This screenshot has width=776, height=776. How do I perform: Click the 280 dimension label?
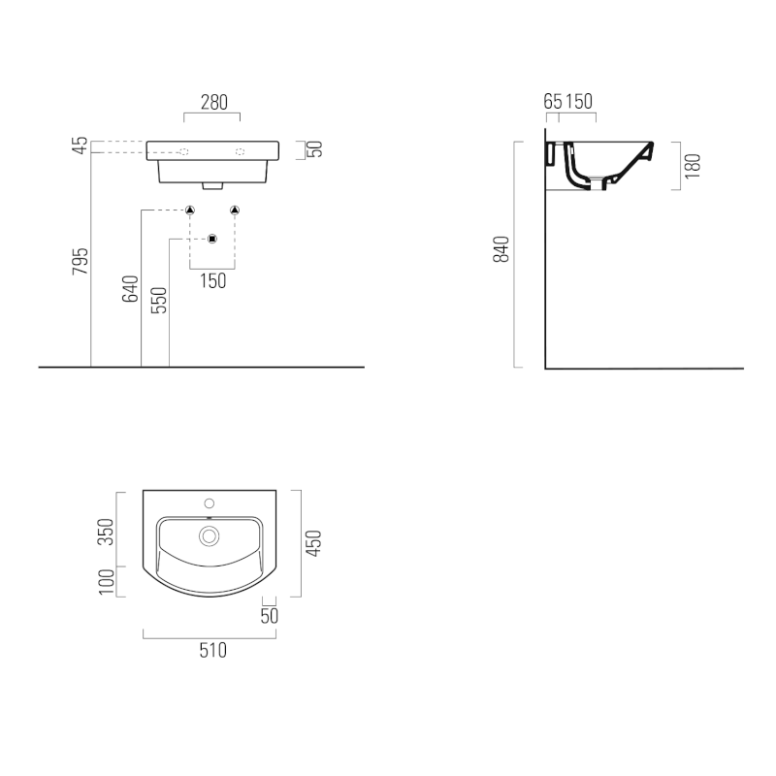(213, 103)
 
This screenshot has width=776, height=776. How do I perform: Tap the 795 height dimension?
(81, 261)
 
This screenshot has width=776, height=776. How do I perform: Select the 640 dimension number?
(130, 288)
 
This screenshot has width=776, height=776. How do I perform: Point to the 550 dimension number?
(159, 300)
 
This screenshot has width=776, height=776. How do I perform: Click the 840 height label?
(501, 249)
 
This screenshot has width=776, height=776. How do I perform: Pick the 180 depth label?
(694, 166)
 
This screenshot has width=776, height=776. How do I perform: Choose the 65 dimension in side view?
(553, 102)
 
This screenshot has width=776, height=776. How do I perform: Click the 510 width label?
(212, 650)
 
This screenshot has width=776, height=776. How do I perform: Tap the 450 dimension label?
(313, 543)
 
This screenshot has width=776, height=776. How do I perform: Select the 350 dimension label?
(106, 532)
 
